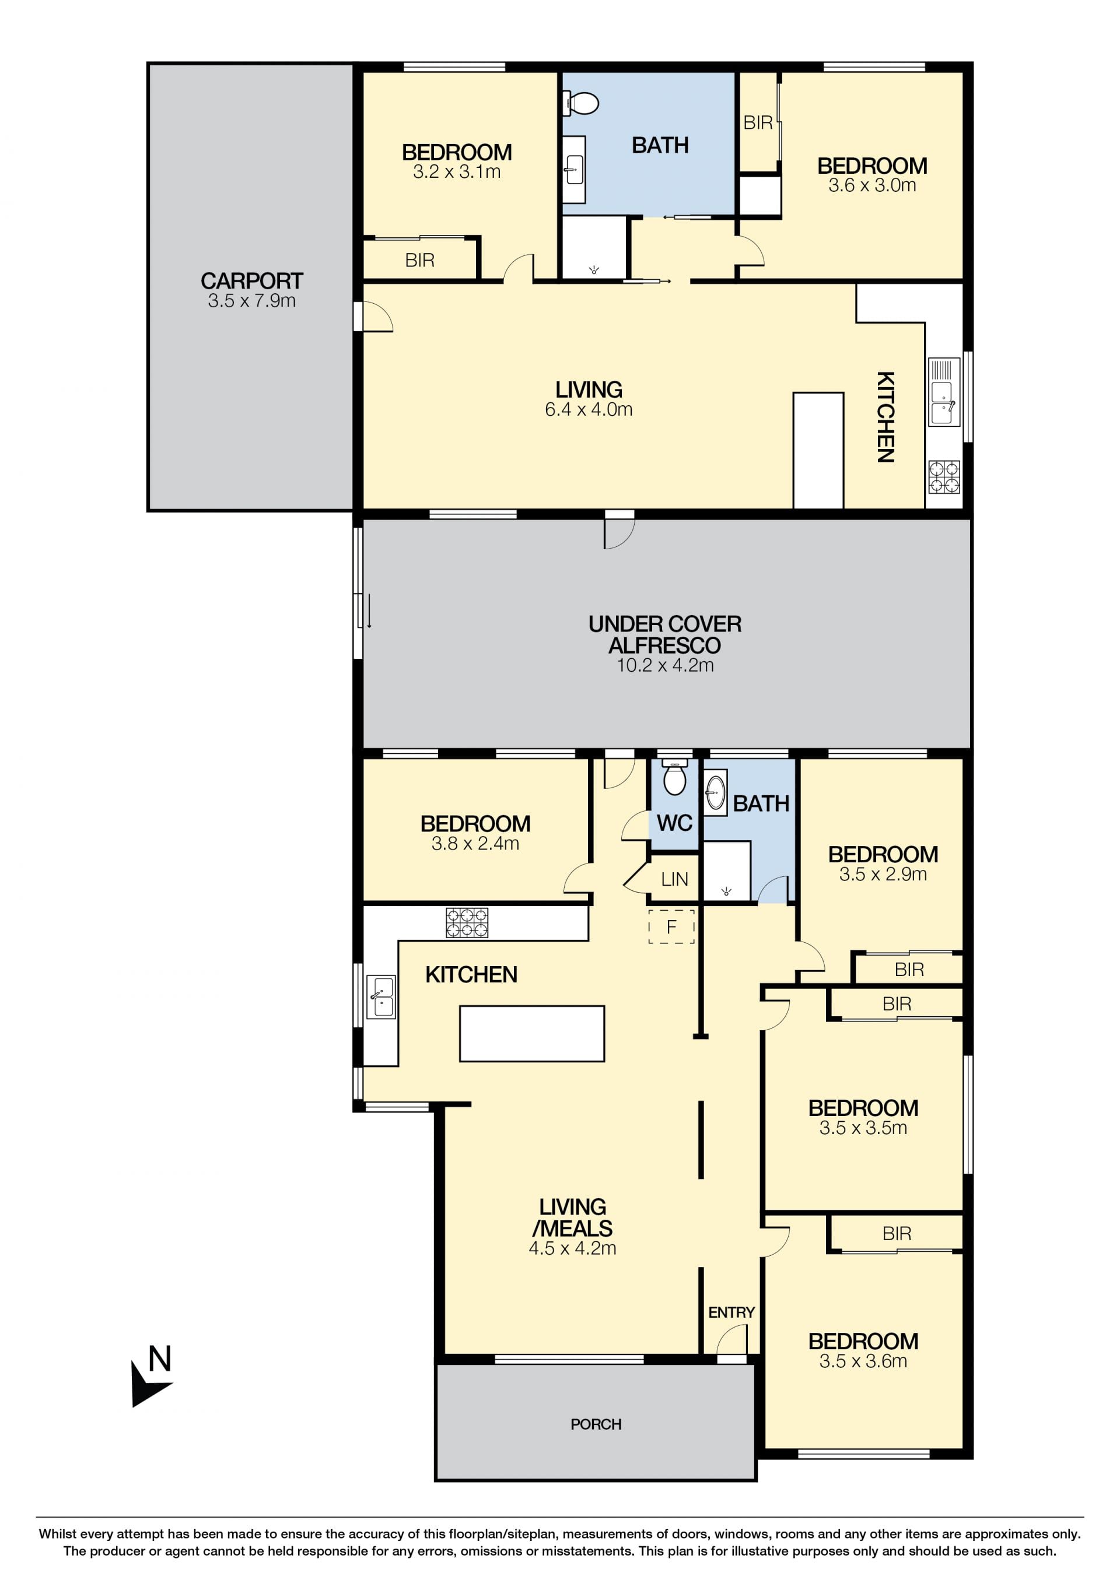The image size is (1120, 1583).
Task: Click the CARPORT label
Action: point(252,280)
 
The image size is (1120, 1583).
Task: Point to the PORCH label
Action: point(596,1424)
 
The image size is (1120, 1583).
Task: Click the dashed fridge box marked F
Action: point(671,926)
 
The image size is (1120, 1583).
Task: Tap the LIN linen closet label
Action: point(674,879)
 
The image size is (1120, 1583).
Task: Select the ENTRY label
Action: point(731,1312)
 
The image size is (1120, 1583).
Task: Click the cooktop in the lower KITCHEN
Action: point(467,922)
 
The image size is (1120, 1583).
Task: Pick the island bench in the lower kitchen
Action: point(532,1034)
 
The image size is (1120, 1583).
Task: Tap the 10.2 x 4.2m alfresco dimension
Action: point(665,665)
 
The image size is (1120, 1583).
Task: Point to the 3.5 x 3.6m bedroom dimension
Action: point(863,1361)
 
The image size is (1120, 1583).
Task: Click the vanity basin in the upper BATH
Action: point(574,170)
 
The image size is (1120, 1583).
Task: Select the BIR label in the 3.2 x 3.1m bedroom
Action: point(420,260)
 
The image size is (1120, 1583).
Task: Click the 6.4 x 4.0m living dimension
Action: point(588,409)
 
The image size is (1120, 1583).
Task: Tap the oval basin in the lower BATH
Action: point(716,793)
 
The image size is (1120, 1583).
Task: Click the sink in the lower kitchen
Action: point(381,997)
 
